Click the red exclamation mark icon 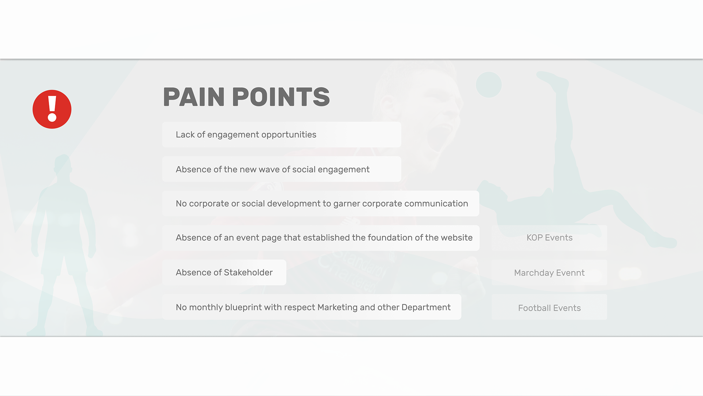52,109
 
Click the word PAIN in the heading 194,97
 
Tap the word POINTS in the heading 281,97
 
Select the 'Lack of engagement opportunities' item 282,135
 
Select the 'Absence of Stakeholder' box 224,272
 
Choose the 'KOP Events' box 549,238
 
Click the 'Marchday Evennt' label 549,273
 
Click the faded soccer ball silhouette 489,85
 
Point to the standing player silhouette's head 63,164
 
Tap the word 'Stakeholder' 248,272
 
